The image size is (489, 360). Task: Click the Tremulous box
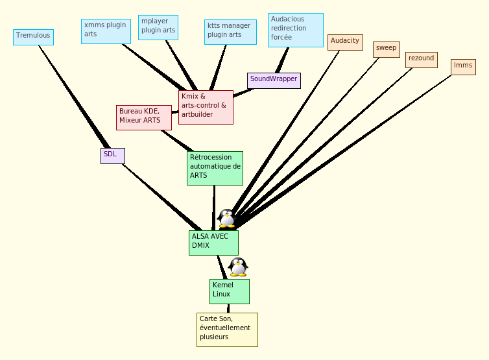pos(33,37)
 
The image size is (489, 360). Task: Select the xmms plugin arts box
pos(106,31)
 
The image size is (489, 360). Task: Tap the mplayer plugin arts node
pos(158,27)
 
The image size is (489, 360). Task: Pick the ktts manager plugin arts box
pos(230,32)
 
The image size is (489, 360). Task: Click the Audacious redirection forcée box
pos(295,30)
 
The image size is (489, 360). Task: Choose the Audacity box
pos(345,42)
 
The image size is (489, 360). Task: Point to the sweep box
pos(387,49)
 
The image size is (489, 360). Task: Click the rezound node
pos(422,60)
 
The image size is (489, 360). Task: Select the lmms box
pos(463,67)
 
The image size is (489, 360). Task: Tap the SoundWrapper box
pos(274,80)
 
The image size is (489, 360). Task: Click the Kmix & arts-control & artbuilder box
pos(206,107)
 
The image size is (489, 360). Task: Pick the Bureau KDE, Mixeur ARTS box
pos(144,117)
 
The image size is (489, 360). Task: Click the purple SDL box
pos(112,156)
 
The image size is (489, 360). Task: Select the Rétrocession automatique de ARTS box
pos(215,168)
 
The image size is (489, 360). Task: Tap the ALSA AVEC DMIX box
pos(213,243)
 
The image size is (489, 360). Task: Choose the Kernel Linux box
pos(230,291)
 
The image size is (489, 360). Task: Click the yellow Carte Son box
pos(227,330)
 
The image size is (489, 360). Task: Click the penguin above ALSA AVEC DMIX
pos(226,219)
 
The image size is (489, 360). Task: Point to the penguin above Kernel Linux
pos(238,267)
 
